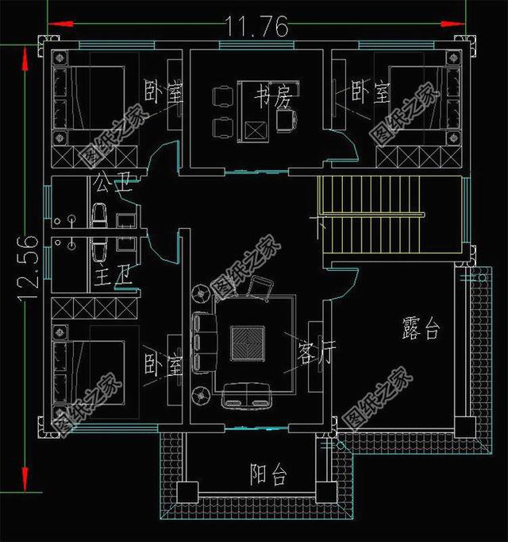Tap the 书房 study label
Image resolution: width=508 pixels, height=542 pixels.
tap(271, 99)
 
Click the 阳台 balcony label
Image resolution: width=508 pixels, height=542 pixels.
tap(267, 475)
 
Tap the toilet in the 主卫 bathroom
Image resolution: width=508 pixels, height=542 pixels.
tap(100, 253)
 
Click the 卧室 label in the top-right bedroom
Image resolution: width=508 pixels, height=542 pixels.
tap(370, 93)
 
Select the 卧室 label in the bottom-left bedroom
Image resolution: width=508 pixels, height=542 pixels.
tap(164, 366)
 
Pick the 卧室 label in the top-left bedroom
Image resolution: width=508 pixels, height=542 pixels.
tap(164, 93)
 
